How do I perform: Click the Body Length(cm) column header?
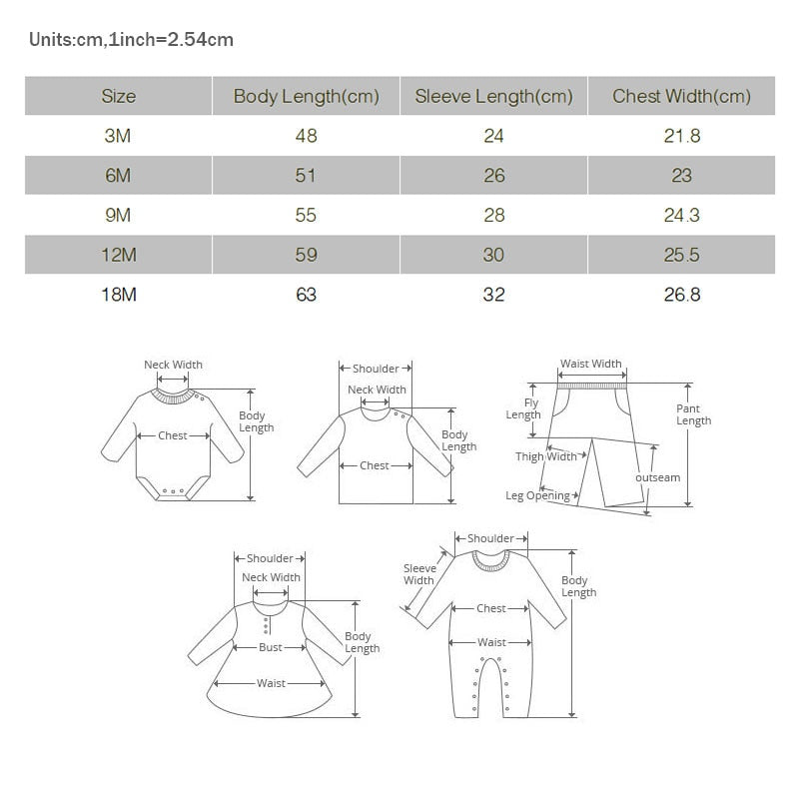(x=306, y=97)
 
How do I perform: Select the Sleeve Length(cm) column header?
(x=493, y=97)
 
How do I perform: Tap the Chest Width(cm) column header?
(x=681, y=97)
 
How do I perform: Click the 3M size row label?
(x=118, y=136)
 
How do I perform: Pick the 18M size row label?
(x=118, y=295)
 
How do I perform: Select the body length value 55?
(x=306, y=215)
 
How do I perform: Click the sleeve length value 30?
(x=493, y=255)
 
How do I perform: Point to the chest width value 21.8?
(x=681, y=136)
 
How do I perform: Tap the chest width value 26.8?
(x=681, y=295)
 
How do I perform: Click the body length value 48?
(x=306, y=136)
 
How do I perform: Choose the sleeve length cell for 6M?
(x=493, y=176)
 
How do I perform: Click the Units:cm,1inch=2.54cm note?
(x=131, y=40)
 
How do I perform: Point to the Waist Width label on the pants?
(x=590, y=365)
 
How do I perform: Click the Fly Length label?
(x=523, y=409)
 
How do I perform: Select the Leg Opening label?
(x=537, y=495)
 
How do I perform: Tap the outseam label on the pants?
(x=657, y=477)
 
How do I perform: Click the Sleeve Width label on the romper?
(x=418, y=574)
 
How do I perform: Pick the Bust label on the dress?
(x=271, y=647)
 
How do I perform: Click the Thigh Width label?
(x=546, y=456)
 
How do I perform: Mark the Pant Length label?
(x=693, y=414)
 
